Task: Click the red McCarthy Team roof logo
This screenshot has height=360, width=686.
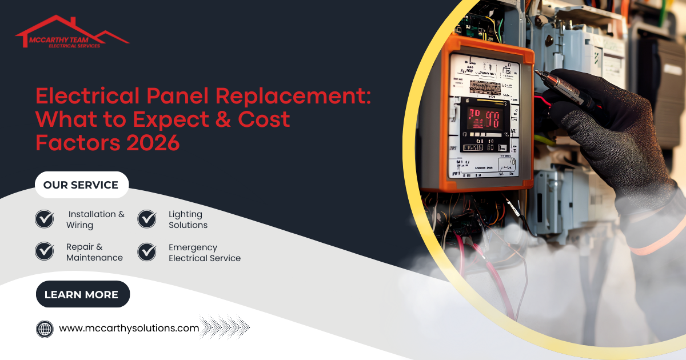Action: click(71, 33)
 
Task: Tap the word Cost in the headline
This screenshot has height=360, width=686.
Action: click(260, 119)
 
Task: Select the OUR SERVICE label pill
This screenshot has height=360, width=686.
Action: click(81, 185)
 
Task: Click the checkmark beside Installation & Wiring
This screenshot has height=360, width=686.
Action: click(45, 219)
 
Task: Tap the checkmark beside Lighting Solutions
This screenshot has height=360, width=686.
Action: click(147, 219)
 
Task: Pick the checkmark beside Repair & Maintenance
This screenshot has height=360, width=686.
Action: click(45, 252)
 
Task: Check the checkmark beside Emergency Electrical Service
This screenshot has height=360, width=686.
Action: click(147, 252)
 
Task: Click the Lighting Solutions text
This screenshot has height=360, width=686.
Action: click(188, 219)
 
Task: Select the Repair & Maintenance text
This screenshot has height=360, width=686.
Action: click(94, 253)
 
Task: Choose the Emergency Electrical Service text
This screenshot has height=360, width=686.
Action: click(204, 253)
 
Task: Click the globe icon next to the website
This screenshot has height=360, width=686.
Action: click(45, 329)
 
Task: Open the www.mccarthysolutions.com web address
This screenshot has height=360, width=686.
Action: click(129, 328)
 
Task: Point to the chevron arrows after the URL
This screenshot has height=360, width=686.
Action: click(225, 328)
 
